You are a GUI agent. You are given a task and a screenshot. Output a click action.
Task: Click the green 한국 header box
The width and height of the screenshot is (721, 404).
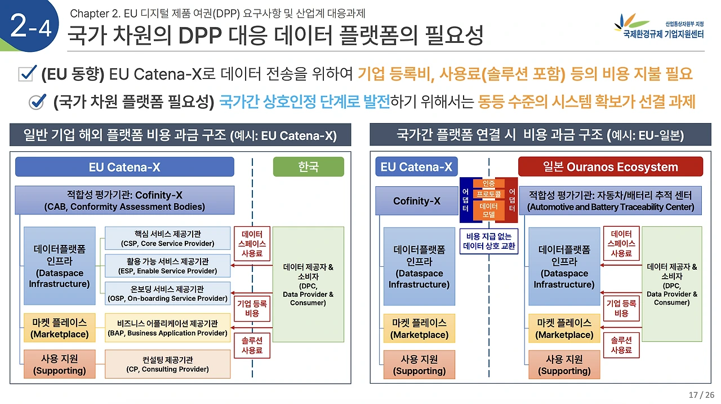pyautogui.click(x=308, y=167)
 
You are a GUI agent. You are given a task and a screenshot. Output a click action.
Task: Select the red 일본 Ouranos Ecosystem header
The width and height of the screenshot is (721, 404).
pyautogui.click(x=610, y=167)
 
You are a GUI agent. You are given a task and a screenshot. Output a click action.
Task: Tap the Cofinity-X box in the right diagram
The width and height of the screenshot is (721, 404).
pyautogui.click(x=417, y=200)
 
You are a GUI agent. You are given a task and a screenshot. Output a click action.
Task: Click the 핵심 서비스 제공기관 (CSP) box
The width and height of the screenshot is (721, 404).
pyautogui.click(x=167, y=238)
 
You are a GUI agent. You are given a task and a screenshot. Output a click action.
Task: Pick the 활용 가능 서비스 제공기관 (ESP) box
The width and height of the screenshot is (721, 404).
pyautogui.click(x=167, y=266)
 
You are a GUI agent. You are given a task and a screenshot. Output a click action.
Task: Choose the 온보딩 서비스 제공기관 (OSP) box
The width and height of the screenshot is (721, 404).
pyautogui.click(x=167, y=293)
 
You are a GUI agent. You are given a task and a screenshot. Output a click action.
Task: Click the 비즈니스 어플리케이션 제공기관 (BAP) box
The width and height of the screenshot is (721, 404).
pyautogui.click(x=167, y=328)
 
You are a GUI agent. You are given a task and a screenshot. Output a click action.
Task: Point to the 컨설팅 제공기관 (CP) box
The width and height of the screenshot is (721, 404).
pyautogui.click(x=167, y=364)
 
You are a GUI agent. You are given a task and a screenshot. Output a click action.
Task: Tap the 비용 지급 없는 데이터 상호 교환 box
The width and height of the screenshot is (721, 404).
pyautogui.click(x=489, y=241)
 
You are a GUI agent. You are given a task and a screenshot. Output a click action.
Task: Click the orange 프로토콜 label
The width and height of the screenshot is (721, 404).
pyautogui.click(x=488, y=194)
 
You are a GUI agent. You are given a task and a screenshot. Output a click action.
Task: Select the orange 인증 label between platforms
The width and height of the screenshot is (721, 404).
pyautogui.click(x=488, y=183)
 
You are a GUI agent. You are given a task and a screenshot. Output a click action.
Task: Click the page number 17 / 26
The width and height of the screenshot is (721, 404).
pyautogui.click(x=701, y=394)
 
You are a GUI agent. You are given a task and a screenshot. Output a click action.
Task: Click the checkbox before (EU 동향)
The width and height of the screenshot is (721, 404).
pyautogui.click(x=28, y=73)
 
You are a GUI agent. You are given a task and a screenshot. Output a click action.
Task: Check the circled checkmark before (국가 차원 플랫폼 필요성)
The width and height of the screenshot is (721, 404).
pyautogui.click(x=37, y=102)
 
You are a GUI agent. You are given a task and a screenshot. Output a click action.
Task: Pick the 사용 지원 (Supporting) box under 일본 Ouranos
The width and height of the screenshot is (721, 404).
pyautogui.click(x=564, y=365)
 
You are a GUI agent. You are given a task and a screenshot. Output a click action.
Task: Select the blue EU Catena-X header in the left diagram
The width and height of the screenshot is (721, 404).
pyautogui.click(x=124, y=167)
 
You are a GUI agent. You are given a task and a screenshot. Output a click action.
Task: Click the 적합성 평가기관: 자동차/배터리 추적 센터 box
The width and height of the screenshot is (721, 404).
pyautogui.click(x=610, y=200)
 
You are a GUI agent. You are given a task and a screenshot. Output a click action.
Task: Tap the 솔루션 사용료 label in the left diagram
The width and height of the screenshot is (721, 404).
pyautogui.click(x=252, y=345)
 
